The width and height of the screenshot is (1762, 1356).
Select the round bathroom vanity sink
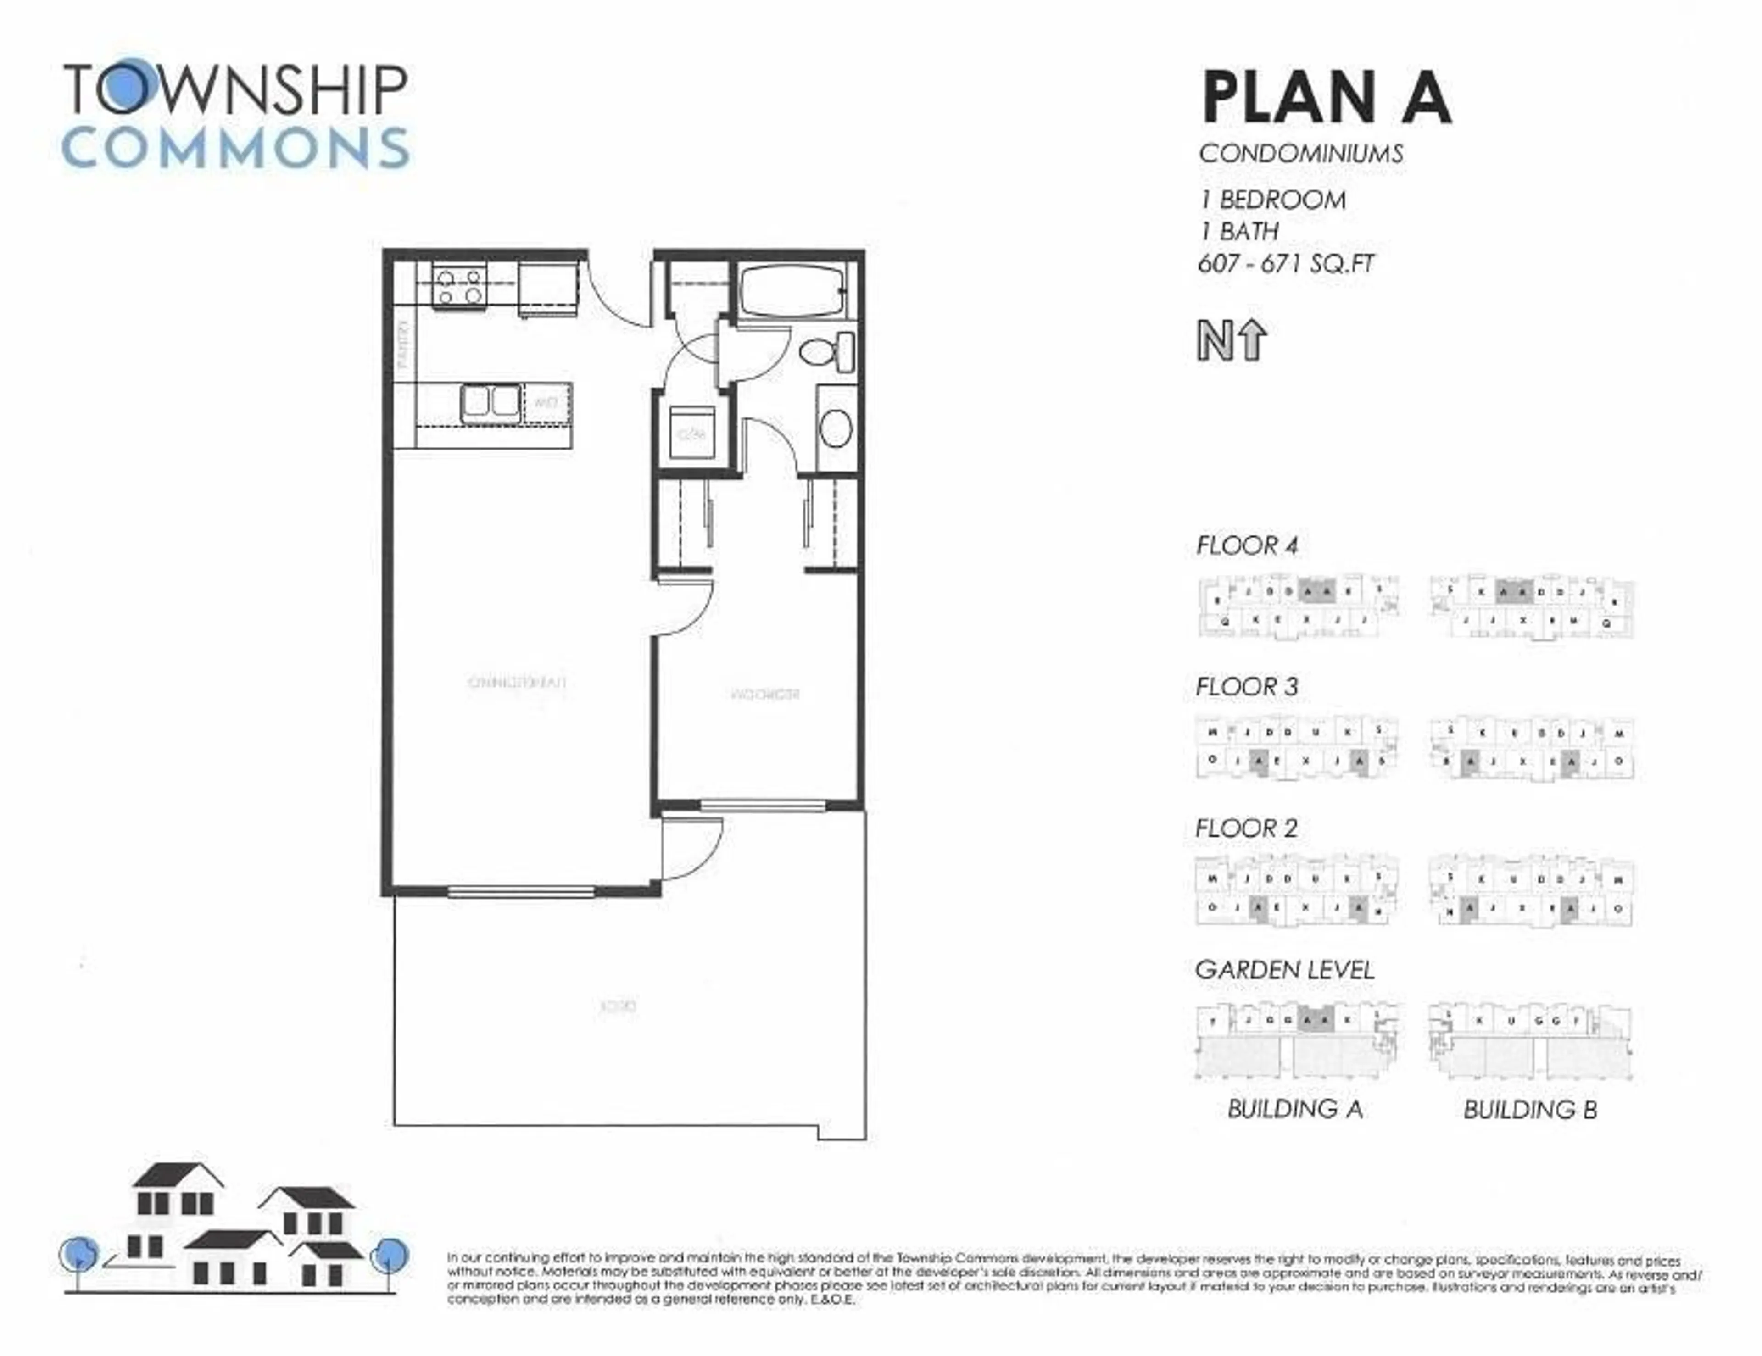(836, 428)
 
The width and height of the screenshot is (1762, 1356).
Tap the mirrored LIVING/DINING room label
(517, 683)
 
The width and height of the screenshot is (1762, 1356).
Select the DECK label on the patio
(619, 1007)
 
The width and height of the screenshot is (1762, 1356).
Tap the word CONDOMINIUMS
(1300, 153)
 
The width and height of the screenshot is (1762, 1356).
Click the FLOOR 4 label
(1246, 546)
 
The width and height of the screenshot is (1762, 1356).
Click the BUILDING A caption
(1295, 1109)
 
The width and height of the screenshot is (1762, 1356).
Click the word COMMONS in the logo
(235, 148)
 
